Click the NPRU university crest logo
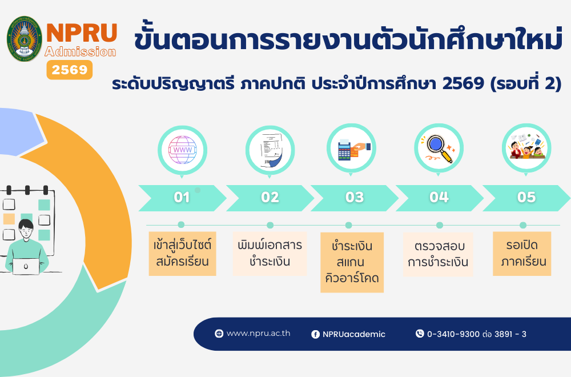[25, 39]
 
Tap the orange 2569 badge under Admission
[70, 70]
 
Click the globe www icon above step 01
[183, 150]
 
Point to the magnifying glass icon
[439, 149]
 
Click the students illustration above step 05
[526, 146]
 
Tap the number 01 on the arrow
[182, 198]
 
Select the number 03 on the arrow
[355, 198]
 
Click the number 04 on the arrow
[439, 198]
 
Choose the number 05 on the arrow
[526, 198]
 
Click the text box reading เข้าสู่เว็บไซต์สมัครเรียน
[183, 254]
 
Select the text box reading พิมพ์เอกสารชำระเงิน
[270, 254]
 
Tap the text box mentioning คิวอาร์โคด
[352, 262]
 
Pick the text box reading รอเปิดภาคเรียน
[522, 254]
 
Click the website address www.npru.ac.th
[258, 333]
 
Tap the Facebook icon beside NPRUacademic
[315, 334]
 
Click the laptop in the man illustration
[26, 267]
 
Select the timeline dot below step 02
[270, 225]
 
